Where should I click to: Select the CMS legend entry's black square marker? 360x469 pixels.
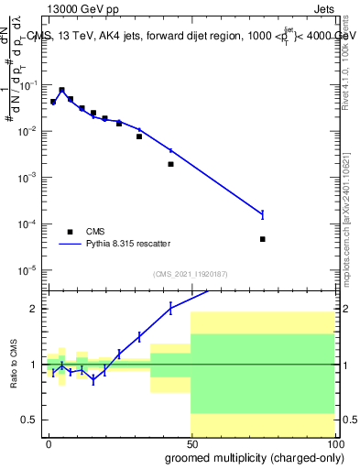tap(71, 232)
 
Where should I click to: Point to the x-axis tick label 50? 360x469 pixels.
tap(191, 442)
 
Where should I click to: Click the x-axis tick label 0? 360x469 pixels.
tap(49, 442)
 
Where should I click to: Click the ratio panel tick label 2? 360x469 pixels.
tap(36, 309)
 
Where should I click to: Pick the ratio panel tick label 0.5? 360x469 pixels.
tap(31, 420)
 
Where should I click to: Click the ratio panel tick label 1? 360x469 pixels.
tap(36, 365)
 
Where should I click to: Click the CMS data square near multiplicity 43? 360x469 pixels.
tap(171, 164)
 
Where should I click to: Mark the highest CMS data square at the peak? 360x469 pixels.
tap(61, 91)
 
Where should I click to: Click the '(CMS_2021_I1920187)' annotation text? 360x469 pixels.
tap(191, 274)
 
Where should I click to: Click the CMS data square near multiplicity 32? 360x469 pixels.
tap(139, 136)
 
